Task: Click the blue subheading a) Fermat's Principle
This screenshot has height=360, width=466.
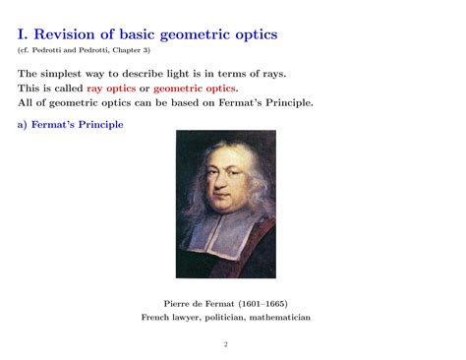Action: pyautogui.click(x=71, y=125)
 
